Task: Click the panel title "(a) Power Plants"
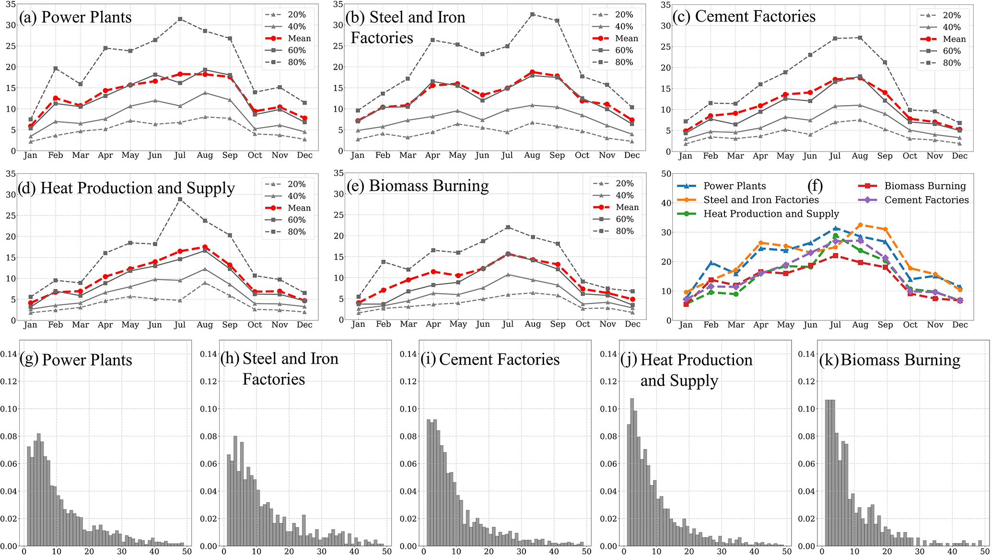(75, 17)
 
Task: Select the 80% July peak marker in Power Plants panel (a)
(180, 19)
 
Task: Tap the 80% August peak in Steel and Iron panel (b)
(532, 14)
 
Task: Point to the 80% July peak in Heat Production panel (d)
(180, 199)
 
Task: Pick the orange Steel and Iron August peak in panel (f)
(860, 224)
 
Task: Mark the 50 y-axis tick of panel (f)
(665, 174)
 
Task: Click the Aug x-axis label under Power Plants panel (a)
(205, 155)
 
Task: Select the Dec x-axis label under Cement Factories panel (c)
(959, 156)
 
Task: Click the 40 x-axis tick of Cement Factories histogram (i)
(554, 552)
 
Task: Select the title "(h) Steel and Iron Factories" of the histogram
(279, 368)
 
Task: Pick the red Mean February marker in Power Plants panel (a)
(56, 98)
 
